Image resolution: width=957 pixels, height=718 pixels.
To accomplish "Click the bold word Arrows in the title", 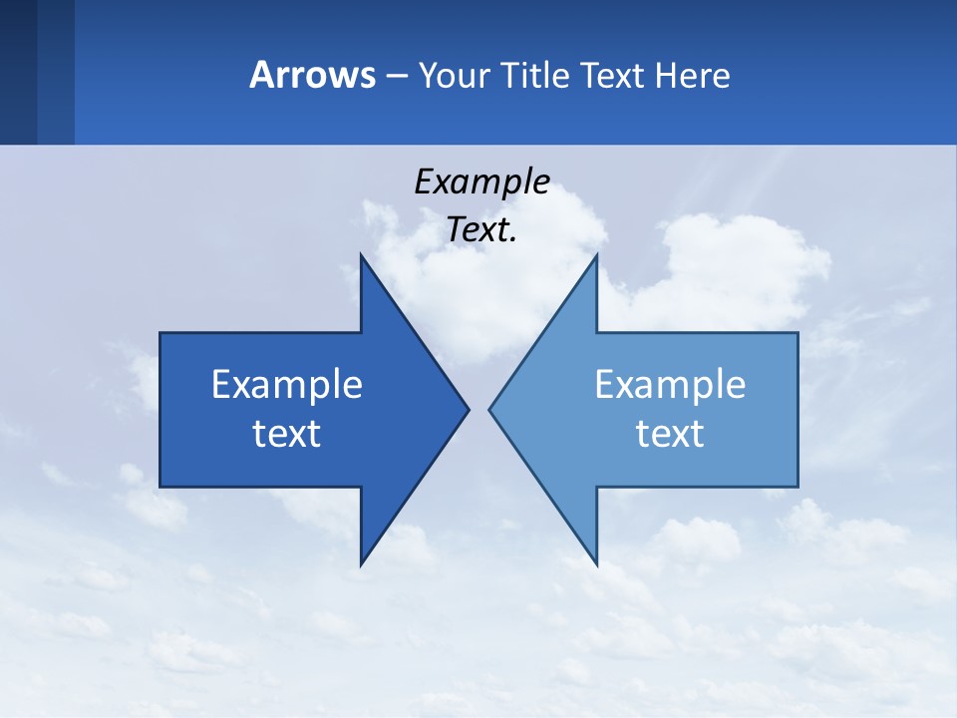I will [312, 75].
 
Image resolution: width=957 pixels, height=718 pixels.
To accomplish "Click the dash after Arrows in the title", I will [396, 77].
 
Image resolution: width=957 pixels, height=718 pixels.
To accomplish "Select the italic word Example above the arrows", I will [481, 182].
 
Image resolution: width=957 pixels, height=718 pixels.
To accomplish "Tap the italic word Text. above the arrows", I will [481, 230].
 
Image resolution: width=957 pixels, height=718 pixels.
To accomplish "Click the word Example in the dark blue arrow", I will [287, 385].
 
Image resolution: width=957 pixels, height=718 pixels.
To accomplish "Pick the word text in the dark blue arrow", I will [287, 434].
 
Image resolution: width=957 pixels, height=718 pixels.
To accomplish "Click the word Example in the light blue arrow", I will [670, 385].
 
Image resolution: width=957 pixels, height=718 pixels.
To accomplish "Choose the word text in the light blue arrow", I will [670, 434].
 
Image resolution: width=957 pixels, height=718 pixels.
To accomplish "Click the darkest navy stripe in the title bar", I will [18, 72].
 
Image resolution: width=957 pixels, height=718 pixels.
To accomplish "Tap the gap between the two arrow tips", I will [479, 409].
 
